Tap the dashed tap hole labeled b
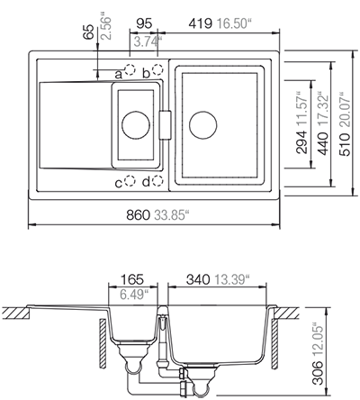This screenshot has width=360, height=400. (x=158, y=69)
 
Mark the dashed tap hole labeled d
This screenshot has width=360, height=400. (x=158, y=182)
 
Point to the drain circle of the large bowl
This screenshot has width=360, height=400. (x=202, y=123)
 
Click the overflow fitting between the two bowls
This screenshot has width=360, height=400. (x=166, y=123)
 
